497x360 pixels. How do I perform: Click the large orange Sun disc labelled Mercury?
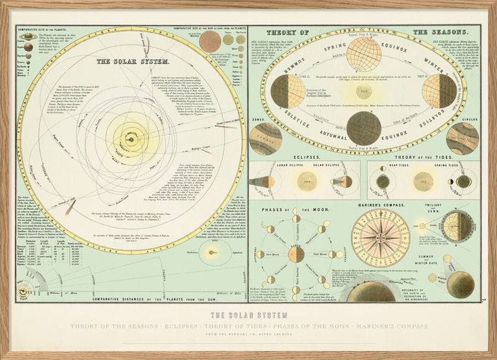tap(210, 42)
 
